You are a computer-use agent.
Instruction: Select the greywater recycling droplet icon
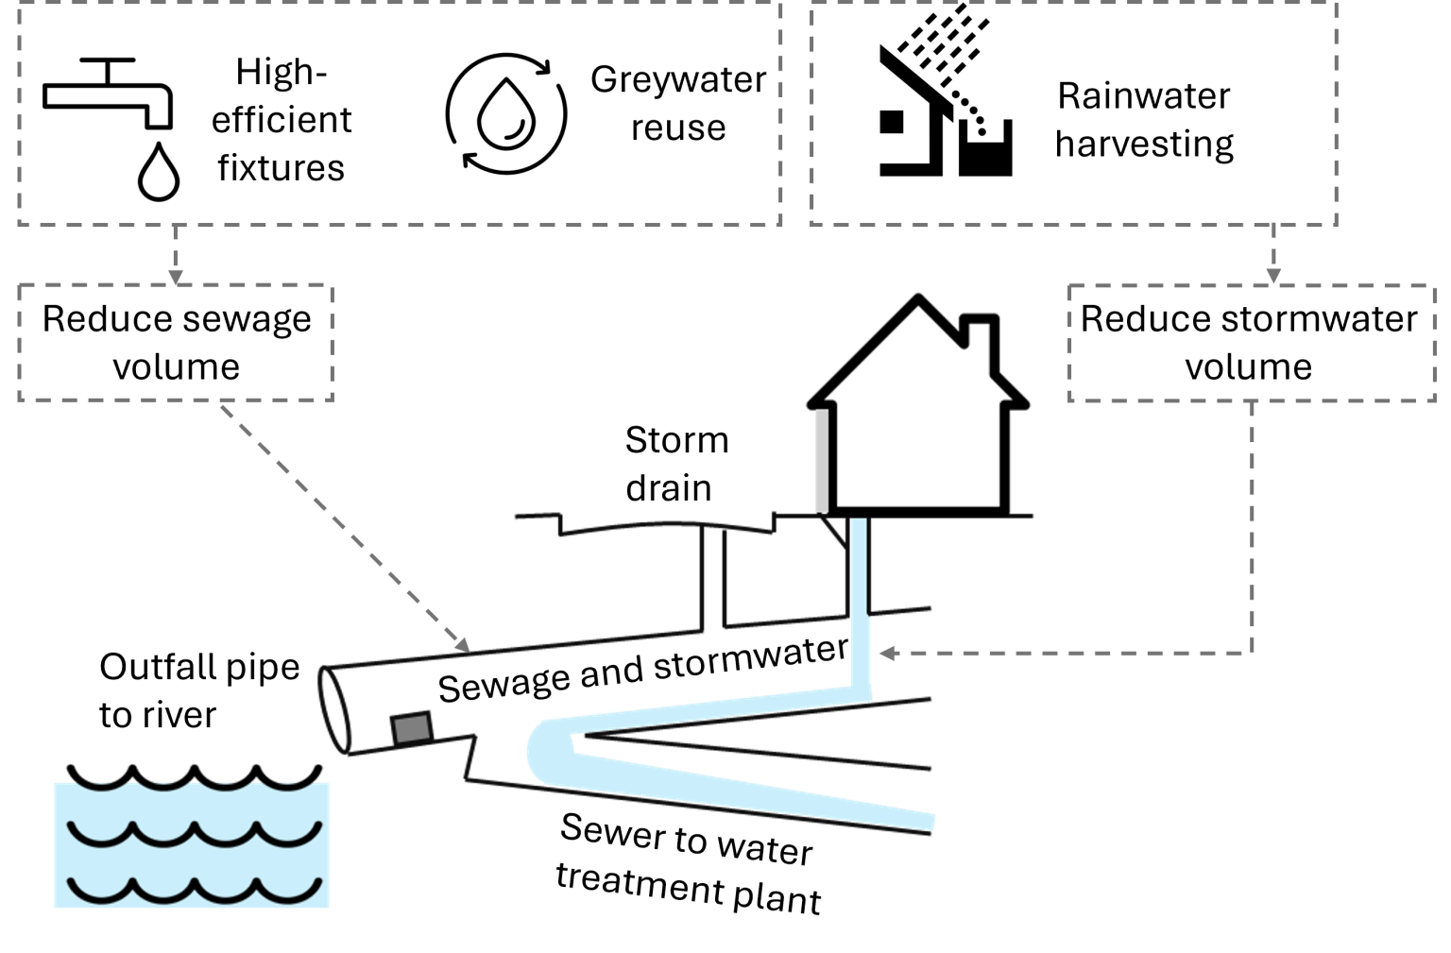(506, 114)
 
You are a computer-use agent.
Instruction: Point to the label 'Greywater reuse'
(678, 103)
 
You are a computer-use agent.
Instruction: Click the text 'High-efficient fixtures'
(282, 120)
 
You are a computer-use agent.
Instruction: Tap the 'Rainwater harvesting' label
(1145, 120)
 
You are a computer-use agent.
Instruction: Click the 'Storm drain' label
(677, 464)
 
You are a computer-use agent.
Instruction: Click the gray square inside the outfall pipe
(412, 729)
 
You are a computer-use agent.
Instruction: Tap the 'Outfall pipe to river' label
(199, 690)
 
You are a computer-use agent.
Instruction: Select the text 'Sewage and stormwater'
(643, 670)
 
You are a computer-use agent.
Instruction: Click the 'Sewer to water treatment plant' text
(688, 863)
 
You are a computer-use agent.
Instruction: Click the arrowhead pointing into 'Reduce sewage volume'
(176, 278)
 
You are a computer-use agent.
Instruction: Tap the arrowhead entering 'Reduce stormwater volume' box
(1273, 277)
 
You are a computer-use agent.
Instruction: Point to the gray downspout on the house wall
(821, 460)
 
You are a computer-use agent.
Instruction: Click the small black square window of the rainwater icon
(892, 122)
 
